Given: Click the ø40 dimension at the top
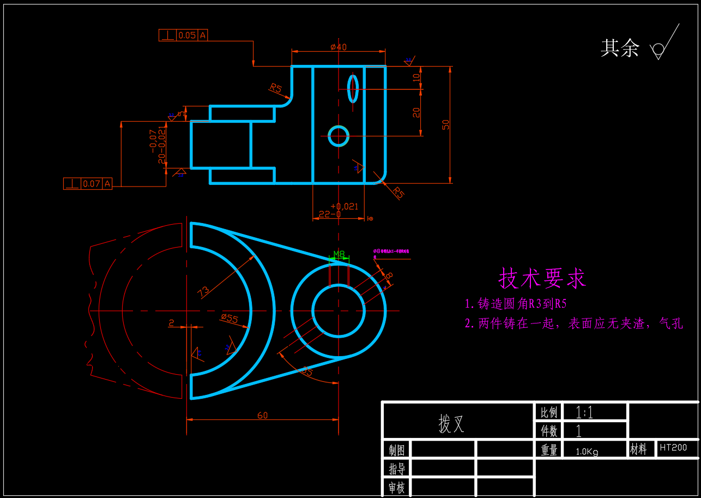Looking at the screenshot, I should coord(339,47).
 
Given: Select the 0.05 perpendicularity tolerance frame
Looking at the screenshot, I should coord(183,35).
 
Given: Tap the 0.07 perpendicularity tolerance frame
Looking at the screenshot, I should coord(87,184).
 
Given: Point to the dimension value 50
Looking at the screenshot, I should coord(446,124).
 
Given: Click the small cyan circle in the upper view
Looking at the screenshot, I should coord(339,136).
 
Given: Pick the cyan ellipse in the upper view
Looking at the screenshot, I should coord(353,88).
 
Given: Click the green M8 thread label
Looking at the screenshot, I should coord(339,254).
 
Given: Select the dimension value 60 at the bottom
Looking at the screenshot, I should coord(262,416).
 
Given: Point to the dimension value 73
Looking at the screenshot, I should coord(203,291).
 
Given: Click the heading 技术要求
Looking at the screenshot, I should coord(542,278).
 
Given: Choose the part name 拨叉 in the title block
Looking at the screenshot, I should coord(452,424).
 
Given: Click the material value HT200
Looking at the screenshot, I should coord(673,448).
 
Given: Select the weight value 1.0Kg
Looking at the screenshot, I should coord(587,452).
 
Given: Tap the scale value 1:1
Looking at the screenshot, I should coord(584,412).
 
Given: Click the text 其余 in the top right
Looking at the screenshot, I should coord(620,48).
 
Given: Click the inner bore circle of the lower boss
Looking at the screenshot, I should coord(339,310).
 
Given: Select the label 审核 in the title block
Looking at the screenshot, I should coord(396,488).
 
